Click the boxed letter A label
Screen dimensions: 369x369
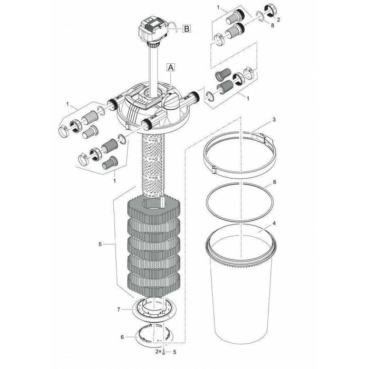170,67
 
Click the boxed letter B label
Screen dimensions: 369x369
187,29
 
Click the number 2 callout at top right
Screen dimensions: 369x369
278,21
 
